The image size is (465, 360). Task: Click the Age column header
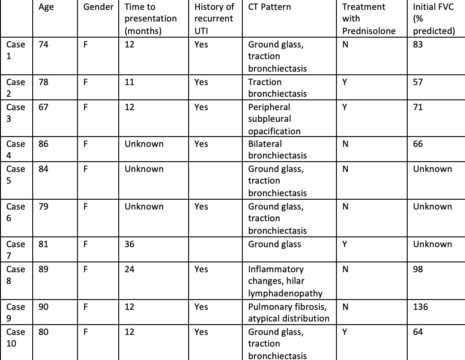click(x=46, y=7)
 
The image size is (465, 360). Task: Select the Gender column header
click(x=99, y=7)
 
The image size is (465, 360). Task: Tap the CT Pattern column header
click(x=269, y=7)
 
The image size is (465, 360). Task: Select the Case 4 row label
click(x=16, y=150)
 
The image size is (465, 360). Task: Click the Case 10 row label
click(x=16, y=338)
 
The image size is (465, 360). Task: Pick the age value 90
click(x=44, y=307)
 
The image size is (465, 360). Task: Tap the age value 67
click(x=44, y=107)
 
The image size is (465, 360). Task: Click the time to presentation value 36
click(x=129, y=244)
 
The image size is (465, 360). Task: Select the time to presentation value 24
click(x=129, y=269)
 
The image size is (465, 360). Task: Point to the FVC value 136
click(x=420, y=307)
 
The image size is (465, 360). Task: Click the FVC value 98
click(x=418, y=269)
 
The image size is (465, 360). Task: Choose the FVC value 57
click(x=418, y=82)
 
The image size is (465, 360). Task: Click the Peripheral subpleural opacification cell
click(x=274, y=119)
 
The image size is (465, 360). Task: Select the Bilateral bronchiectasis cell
click(x=277, y=150)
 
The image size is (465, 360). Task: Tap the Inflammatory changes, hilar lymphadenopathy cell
click(x=285, y=281)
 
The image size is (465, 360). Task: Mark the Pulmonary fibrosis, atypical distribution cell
click(x=288, y=313)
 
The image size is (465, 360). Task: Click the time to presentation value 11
click(x=129, y=82)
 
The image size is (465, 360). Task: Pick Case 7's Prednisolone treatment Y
click(x=344, y=244)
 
